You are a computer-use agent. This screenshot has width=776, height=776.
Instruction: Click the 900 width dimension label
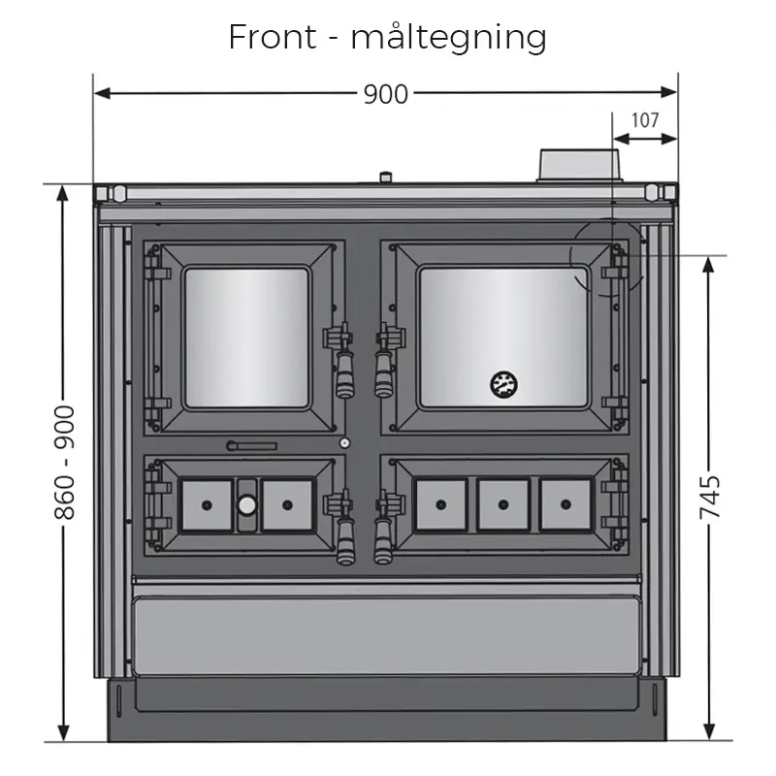coord(385,93)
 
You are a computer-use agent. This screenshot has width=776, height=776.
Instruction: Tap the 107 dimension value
coord(645,120)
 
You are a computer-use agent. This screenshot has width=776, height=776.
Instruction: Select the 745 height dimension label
coord(713,498)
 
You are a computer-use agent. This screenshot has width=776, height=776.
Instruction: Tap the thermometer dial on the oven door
coord(502,383)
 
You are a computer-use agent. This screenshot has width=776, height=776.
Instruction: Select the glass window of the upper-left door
coord(246,336)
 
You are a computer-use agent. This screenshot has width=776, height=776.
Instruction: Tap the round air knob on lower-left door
coord(247,504)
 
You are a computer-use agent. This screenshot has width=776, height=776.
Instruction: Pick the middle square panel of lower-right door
coord(502,504)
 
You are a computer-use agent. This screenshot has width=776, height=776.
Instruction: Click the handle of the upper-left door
coord(343,364)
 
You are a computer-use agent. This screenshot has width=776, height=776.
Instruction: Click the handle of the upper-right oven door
coord(384,364)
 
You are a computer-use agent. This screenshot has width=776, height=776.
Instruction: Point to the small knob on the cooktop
coord(386,178)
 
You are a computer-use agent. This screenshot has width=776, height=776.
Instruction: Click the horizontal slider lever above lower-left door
coord(251,446)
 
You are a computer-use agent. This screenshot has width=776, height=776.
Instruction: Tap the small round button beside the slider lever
coord(343,443)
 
